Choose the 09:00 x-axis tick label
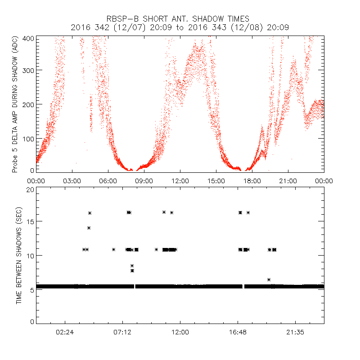144,181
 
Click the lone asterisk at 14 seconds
89,228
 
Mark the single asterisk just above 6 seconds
269,279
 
